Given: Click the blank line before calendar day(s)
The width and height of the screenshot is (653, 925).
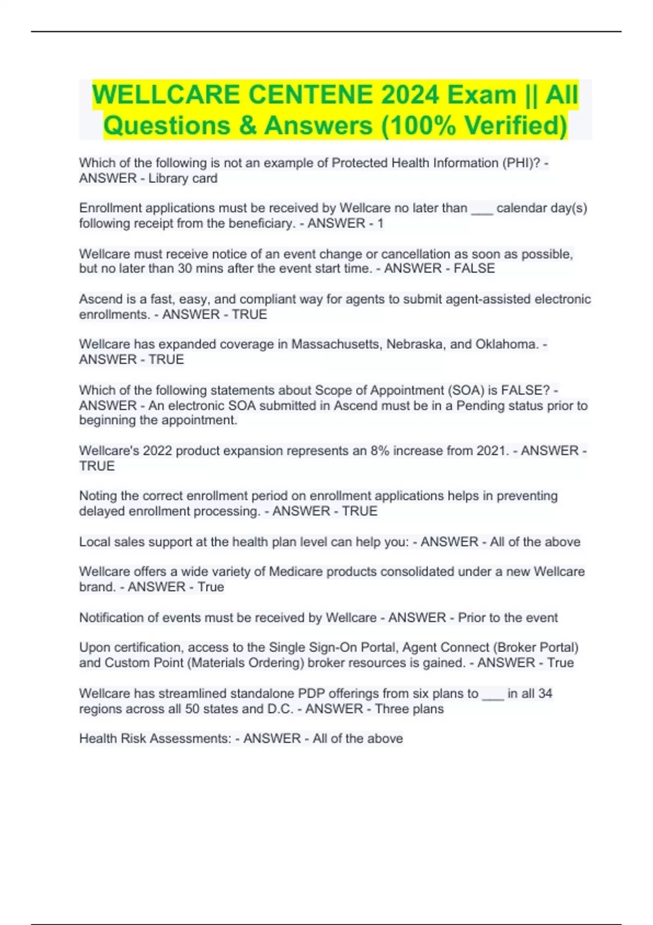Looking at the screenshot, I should (x=482, y=208).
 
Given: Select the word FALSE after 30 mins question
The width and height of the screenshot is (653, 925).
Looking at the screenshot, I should (x=475, y=269).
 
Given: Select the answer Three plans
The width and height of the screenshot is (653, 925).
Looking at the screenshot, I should (x=409, y=709).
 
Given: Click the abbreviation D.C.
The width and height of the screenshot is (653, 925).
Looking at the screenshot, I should (x=281, y=709).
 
